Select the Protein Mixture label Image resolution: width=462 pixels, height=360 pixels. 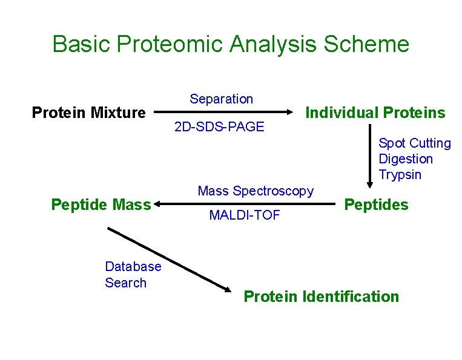coord(88,113)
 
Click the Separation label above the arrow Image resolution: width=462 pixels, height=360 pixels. coord(221,99)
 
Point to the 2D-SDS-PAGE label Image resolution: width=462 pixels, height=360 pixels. coord(219,127)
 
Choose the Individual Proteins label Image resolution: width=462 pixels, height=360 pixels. coord(375,113)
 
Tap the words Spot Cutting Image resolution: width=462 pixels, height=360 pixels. coord(414,143)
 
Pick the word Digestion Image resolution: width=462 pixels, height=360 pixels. coord(405,159)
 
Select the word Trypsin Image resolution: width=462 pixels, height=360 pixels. coord(400,175)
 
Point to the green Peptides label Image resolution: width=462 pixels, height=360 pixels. coord(376,205)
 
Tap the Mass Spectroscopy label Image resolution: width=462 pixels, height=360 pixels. coord(256,191)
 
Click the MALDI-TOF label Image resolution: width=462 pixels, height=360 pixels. coord(244,215)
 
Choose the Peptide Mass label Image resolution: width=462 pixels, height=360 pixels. coord(101,205)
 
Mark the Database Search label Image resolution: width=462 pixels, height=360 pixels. coord(133,275)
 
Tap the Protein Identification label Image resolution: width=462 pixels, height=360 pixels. coord(321,296)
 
